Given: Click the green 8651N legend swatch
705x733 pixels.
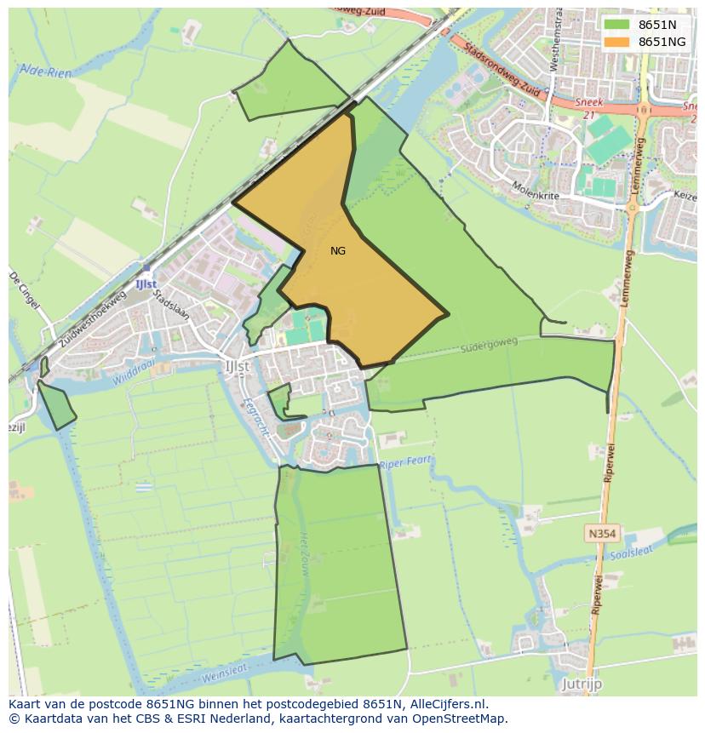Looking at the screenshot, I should (x=617, y=25).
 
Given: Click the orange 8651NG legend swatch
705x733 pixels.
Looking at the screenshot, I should (x=617, y=42).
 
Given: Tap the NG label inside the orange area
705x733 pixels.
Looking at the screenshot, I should (x=338, y=251).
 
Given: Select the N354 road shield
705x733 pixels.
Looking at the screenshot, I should (x=601, y=534).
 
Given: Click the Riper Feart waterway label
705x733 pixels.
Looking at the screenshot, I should (x=406, y=463).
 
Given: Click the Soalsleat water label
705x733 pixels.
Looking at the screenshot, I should (x=631, y=553).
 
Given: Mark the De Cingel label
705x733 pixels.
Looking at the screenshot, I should (x=25, y=290).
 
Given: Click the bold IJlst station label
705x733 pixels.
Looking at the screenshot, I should (x=145, y=283).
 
